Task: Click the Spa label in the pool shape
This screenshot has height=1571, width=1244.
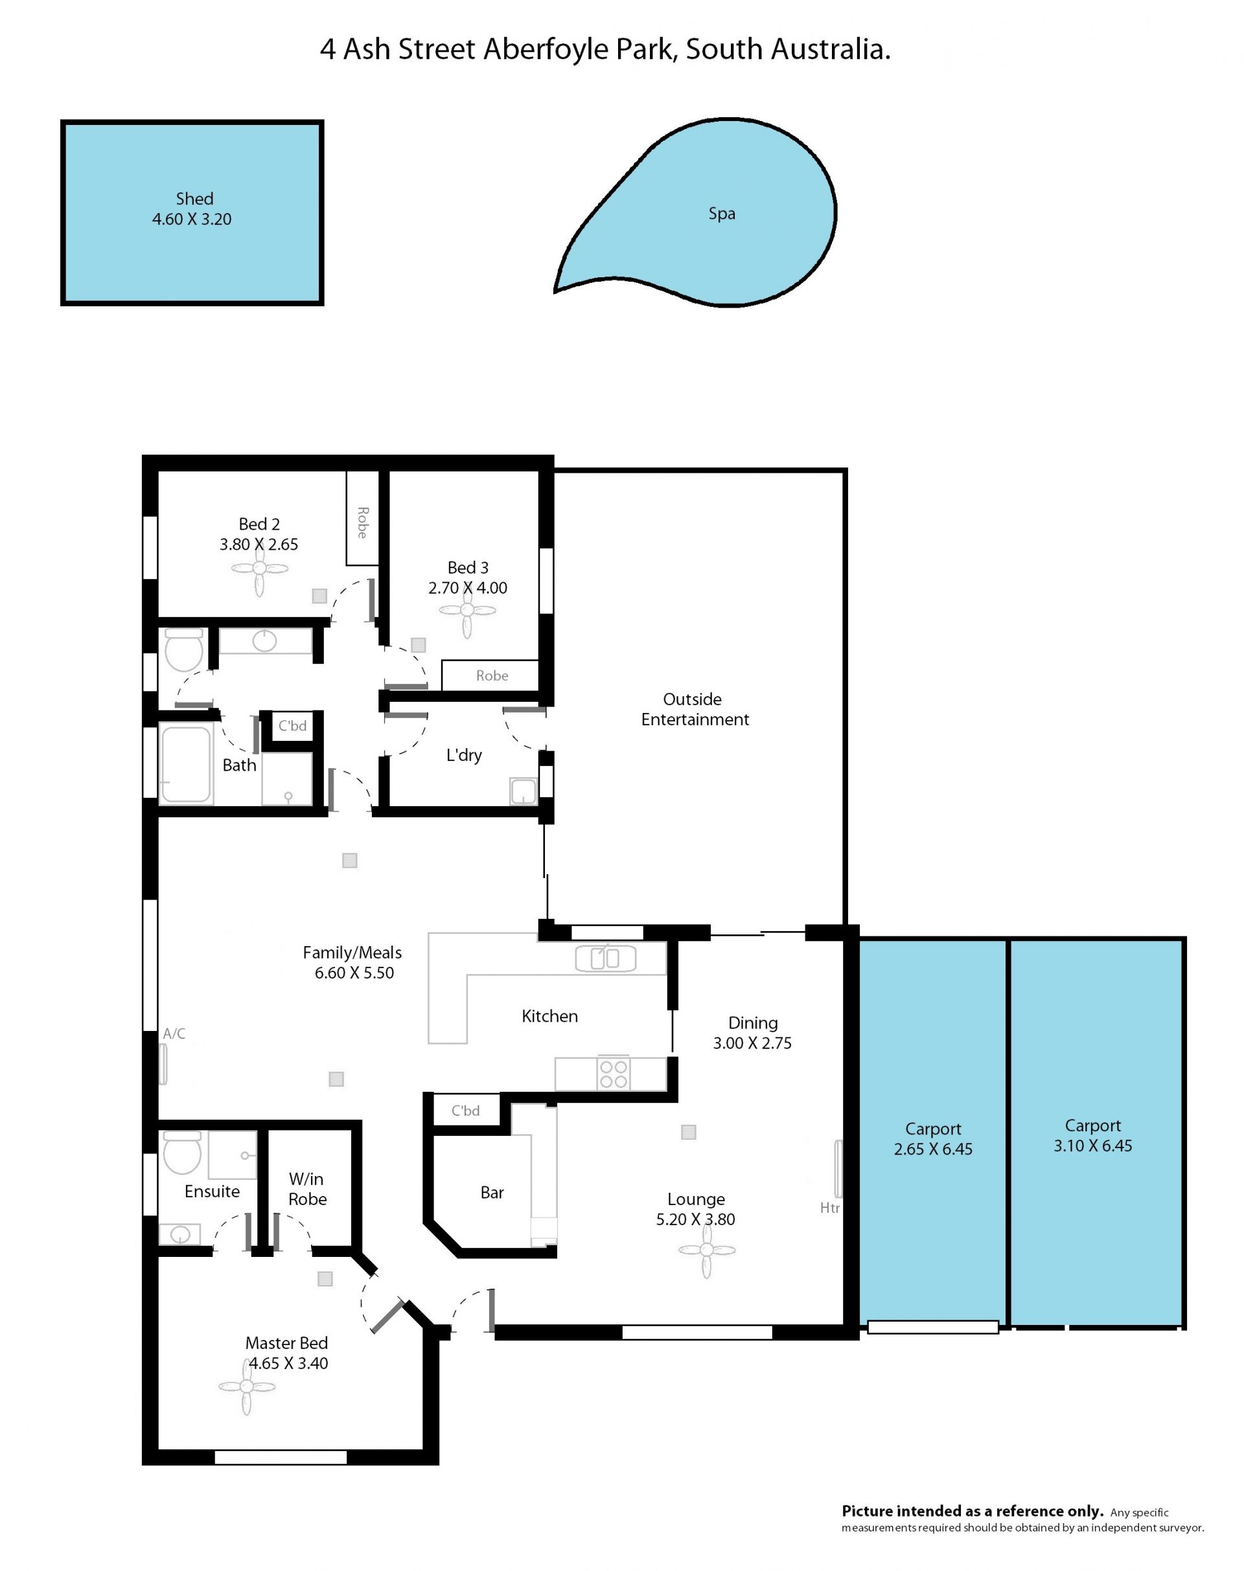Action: (x=722, y=213)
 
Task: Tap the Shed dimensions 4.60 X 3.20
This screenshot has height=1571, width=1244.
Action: (x=192, y=219)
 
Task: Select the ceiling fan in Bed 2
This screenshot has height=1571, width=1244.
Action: (x=260, y=569)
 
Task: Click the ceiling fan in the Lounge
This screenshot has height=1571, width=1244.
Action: (x=706, y=1250)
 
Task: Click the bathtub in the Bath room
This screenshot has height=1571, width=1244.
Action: (x=186, y=763)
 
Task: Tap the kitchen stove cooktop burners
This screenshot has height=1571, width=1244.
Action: (x=614, y=1074)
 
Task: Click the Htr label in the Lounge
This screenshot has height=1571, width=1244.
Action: (x=829, y=1208)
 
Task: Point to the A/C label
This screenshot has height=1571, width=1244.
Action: (x=174, y=1033)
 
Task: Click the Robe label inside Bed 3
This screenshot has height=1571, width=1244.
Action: (x=492, y=675)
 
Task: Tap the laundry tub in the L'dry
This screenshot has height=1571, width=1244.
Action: (x=523, y=791)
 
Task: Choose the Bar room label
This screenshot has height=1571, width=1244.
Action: (x=492, y=1192)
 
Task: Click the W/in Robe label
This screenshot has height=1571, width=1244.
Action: (x=307, y=1189)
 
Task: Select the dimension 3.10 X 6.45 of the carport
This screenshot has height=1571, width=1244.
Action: (x=1092, y=1146)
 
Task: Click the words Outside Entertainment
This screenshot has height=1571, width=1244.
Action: (x=695, y=709)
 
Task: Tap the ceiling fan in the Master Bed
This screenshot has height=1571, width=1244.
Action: (x=247, y=1387)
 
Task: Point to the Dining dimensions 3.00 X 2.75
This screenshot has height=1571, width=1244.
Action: (x=752, y=1043)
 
